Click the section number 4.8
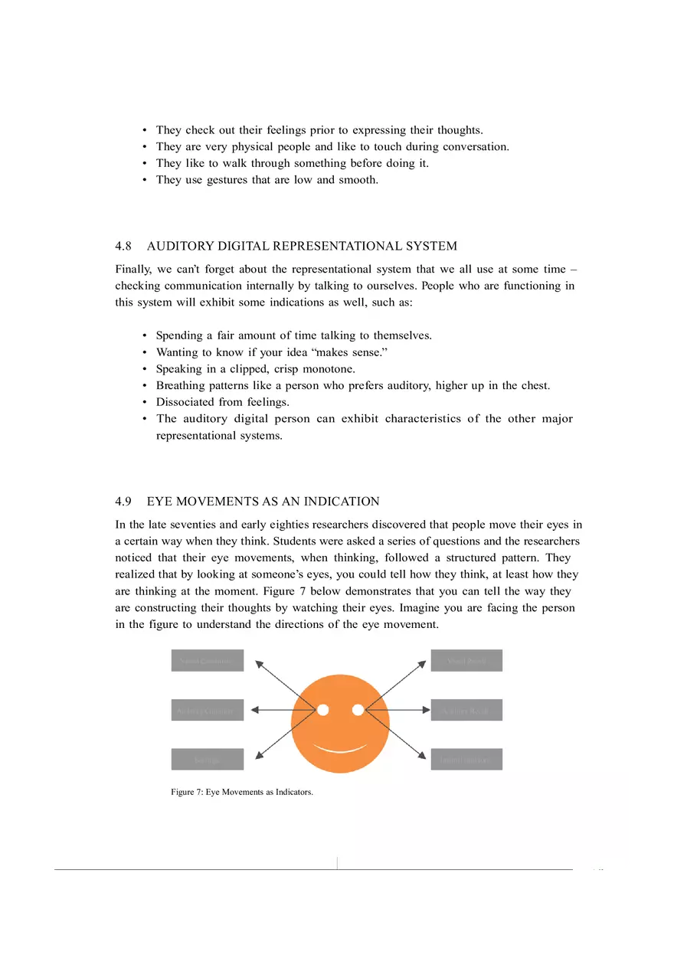123,246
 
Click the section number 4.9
123,502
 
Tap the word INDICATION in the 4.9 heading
342,502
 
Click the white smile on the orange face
340,747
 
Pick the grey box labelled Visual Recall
466,661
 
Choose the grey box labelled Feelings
207,760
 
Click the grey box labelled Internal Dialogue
466,760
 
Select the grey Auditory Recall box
466,710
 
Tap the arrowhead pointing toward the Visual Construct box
260,663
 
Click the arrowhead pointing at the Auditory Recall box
426,710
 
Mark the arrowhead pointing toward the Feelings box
260,755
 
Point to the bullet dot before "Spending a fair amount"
145,335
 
